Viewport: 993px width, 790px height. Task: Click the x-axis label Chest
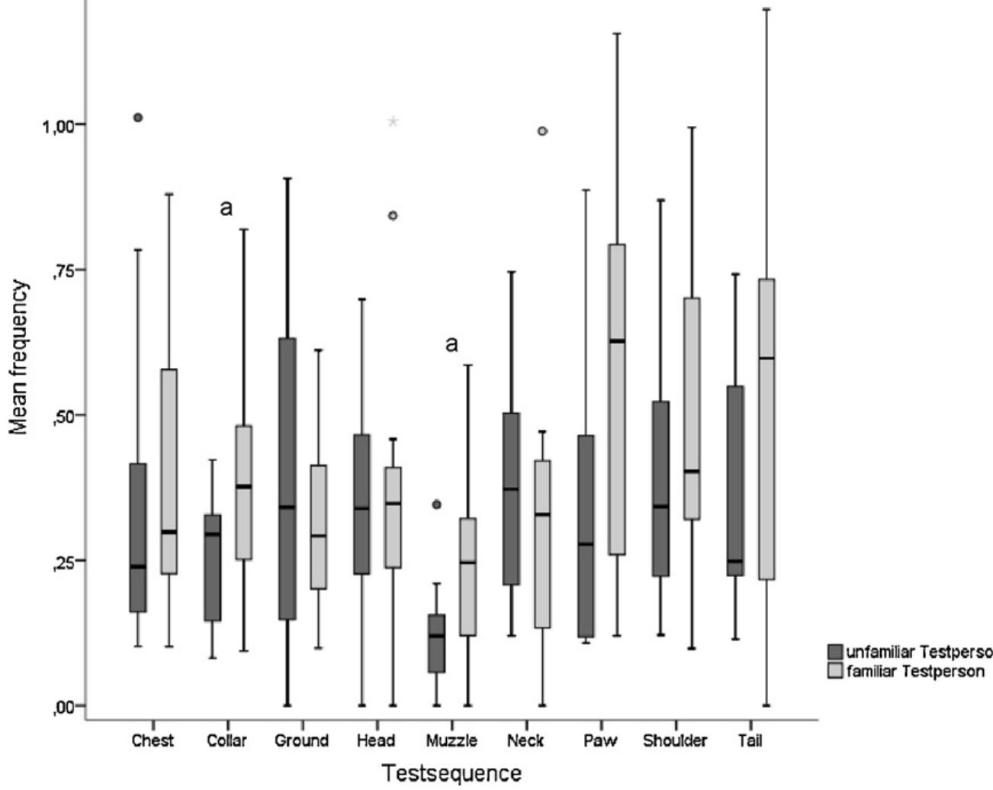153,740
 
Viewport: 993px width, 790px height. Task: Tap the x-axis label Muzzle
452,740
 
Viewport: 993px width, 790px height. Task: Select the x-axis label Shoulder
675,740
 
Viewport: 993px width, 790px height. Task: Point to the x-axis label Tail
750,740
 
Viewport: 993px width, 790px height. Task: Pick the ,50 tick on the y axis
60,415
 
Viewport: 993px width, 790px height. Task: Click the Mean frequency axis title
21,356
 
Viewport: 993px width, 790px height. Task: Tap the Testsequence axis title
452,772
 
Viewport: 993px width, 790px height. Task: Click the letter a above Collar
226,208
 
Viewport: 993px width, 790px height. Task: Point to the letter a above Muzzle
452,344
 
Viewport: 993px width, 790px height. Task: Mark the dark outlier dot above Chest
138,118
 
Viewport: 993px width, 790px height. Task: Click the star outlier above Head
393,121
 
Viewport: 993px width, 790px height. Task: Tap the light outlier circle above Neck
542,131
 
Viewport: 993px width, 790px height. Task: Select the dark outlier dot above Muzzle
436,505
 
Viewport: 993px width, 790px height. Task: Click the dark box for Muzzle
436,643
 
